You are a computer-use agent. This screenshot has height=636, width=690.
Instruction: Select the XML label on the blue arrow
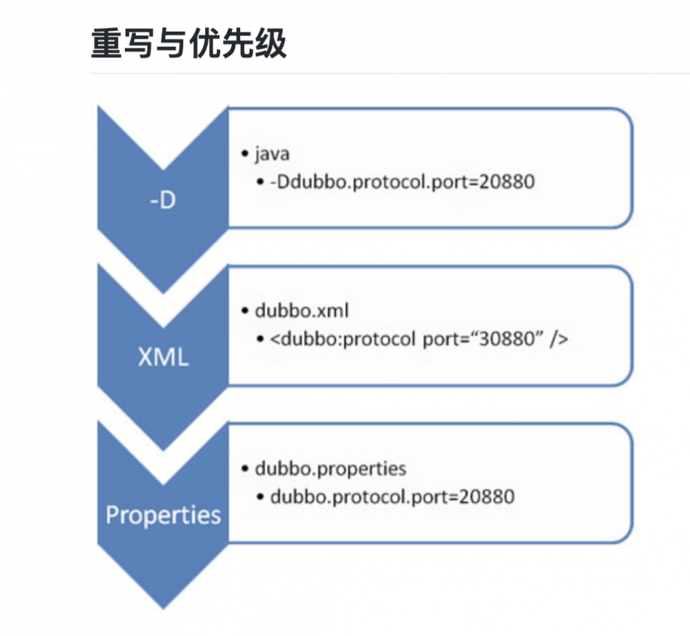click(x=163, y=358)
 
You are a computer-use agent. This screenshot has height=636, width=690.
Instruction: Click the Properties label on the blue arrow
click(x=164, y=515)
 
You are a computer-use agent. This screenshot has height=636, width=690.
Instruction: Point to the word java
click(x=272, y=154)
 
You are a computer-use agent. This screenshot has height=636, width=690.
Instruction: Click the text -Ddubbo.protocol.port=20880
click(x=402, y=182)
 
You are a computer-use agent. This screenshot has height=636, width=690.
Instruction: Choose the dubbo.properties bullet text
click(x=331, y=468)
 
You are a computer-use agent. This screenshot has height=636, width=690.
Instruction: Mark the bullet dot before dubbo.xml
click(x=246, y=311)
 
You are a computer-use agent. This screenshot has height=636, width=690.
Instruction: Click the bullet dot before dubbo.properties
click(x=246, y=469)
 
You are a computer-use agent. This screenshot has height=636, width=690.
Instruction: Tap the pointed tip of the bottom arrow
click(x=164, y=607)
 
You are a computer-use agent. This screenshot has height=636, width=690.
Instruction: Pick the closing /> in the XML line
click(x=559, y=339)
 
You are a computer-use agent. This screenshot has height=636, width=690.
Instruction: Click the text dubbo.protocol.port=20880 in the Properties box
click(x=392, y=497)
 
